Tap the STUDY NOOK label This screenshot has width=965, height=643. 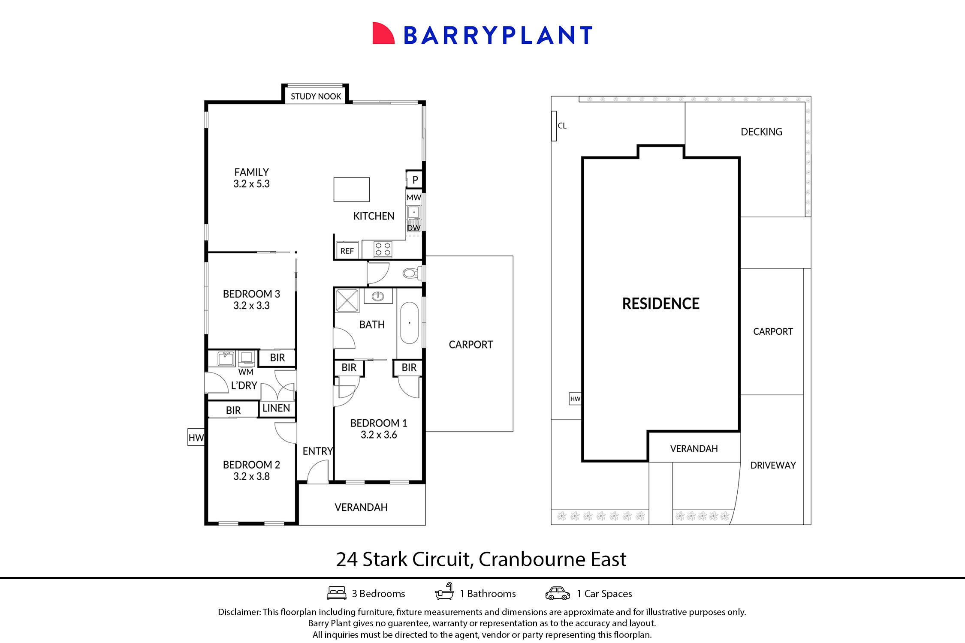click(x=316, y=96)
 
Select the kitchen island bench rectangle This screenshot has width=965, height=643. click(x=351, y=189)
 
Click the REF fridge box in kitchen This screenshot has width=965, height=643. click(x=347, y=251)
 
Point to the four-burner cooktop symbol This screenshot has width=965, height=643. click(x=383, y=249)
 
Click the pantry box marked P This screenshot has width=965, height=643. click(x=415, y=180)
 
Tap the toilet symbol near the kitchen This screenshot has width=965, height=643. click(x=411, y=273)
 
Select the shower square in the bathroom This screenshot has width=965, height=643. click(x=347, y=300)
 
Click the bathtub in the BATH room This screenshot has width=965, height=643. click(x=409, y=323)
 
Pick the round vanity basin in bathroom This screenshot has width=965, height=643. click(x=378, y=296)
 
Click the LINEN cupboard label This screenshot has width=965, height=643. click(x=276, y=408)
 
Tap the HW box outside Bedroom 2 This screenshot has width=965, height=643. click(x=196, y=437)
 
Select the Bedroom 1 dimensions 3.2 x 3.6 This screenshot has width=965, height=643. click(x=379, y=435)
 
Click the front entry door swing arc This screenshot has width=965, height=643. click(x=318, y=472)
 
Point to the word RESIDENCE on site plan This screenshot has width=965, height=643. click(x=660, y=303)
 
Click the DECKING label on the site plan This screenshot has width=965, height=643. click(x=761, y=132)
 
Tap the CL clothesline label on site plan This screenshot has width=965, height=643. click(x=562, y=126)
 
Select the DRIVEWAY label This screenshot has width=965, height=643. click(x=773, y=465)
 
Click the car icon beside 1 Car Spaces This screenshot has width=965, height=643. click(x=558, y=593)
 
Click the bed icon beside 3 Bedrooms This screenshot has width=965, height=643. click(x=337, y=593)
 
